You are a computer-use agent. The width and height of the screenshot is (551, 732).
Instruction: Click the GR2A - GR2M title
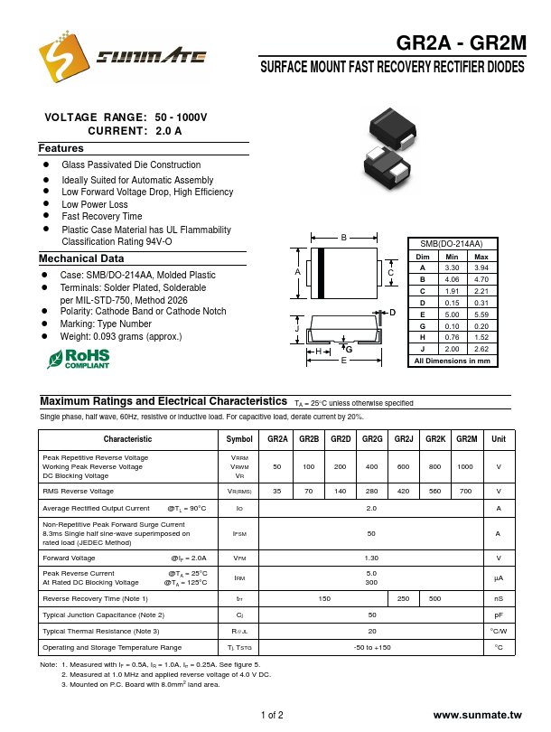point(461,42)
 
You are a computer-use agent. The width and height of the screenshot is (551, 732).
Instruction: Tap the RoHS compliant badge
point(90,359)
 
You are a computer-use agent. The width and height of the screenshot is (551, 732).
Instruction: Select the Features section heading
point(61,148)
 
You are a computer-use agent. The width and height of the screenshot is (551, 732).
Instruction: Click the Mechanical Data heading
point(74,258)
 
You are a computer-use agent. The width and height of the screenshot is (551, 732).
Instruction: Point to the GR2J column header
point(404,439)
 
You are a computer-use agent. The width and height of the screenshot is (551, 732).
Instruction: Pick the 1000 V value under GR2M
point(465,466)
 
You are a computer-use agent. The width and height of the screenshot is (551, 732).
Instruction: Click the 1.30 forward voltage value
point(371,558)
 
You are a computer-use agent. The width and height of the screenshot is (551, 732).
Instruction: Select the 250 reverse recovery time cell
point(404,599)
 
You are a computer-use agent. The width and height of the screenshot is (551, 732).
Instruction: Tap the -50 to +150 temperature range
point(371,647)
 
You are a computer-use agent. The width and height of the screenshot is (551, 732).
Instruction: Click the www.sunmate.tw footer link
point(478,715)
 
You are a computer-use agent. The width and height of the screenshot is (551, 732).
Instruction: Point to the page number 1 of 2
point(272,715)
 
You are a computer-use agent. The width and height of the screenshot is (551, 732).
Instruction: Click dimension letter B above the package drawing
point(344,238)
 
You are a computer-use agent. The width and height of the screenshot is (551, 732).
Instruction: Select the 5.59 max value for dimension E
point(481,314)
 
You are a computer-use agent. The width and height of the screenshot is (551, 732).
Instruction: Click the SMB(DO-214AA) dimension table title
point(453,244)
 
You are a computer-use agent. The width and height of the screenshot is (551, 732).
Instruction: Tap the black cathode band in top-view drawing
point(320,273)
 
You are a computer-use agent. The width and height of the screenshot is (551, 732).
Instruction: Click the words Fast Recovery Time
point(101,217)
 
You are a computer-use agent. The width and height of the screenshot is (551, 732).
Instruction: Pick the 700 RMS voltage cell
point(465,491)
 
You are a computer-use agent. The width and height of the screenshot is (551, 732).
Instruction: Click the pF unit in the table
point(498,615)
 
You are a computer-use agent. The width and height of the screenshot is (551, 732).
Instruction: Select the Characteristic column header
point(127,439)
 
